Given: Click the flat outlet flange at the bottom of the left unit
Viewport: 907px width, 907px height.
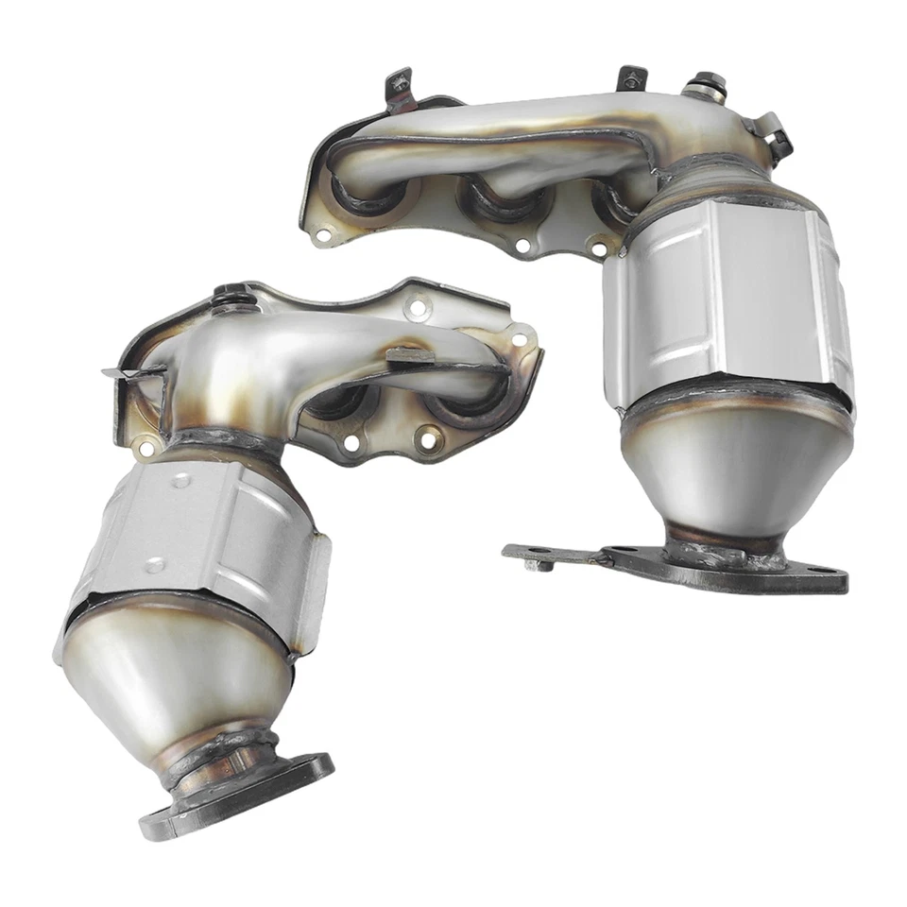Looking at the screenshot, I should (236, 794).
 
